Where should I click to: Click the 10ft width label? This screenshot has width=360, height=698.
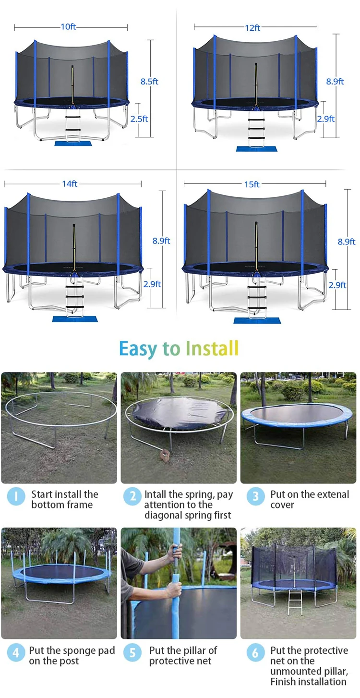tap(69, 27)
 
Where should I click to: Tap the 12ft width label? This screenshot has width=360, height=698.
tap(252, 28)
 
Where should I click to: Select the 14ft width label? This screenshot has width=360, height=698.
tap(70, 184)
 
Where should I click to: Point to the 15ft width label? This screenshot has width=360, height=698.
tap(252, 184)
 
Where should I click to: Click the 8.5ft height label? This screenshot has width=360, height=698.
tap(149, 82)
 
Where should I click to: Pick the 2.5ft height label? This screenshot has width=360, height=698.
tap(139, 119)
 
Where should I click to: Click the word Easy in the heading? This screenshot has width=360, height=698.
tap(137, 349)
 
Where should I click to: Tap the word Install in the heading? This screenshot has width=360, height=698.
tap(212, 349)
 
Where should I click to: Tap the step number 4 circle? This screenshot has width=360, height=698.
tap(16, 652)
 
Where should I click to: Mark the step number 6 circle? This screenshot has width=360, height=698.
tap(255, 652)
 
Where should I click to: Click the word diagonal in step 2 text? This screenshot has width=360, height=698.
tap(163, 515)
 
